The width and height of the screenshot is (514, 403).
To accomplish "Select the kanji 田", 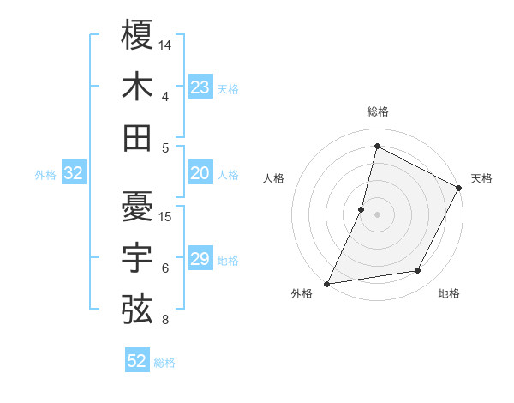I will (137, 137).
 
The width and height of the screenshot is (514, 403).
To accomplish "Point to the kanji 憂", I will (137, 206).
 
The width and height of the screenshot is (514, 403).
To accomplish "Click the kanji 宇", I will (137, 257).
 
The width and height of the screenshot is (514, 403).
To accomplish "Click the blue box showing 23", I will (200, 87).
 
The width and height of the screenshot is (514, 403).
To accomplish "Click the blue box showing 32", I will (73, 174).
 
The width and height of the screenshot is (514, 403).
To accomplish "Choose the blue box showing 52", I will (137, 361).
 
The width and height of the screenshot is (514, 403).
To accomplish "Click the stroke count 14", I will (165, 45).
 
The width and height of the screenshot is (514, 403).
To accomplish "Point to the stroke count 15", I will (165, 216).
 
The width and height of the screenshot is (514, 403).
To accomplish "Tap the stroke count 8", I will (165, 320).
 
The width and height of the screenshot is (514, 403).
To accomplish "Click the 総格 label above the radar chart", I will (377, 111).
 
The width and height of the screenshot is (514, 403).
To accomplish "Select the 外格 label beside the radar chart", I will (302, 294).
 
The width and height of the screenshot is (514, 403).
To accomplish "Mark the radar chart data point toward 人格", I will (362, 209).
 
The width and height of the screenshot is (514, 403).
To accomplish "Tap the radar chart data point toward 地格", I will (418, 271).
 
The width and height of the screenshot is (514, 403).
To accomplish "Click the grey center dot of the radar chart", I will (377, 214).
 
